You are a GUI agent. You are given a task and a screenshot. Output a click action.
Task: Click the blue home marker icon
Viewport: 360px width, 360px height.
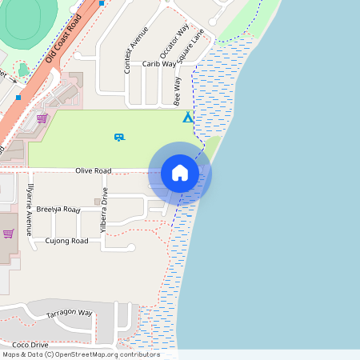pos(180,173)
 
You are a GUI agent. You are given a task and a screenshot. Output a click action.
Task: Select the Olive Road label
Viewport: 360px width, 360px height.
pos(94,170)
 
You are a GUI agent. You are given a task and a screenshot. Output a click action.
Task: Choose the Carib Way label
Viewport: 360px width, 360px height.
pos(159,63)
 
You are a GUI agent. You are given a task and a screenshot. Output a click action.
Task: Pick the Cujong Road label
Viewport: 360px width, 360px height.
pos(66,241)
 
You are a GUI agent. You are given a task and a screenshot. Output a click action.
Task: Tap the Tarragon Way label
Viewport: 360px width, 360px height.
pos(70,313)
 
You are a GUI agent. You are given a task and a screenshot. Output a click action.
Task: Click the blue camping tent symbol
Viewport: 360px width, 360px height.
pos(188,118)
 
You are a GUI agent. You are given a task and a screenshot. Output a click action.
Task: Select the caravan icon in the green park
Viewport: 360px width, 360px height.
pos(119,138)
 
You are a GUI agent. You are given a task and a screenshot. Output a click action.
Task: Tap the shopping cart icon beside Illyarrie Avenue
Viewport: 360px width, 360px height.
pos(8,234)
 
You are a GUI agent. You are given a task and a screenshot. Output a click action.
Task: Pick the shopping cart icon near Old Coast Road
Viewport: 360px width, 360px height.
pos(42,118)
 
